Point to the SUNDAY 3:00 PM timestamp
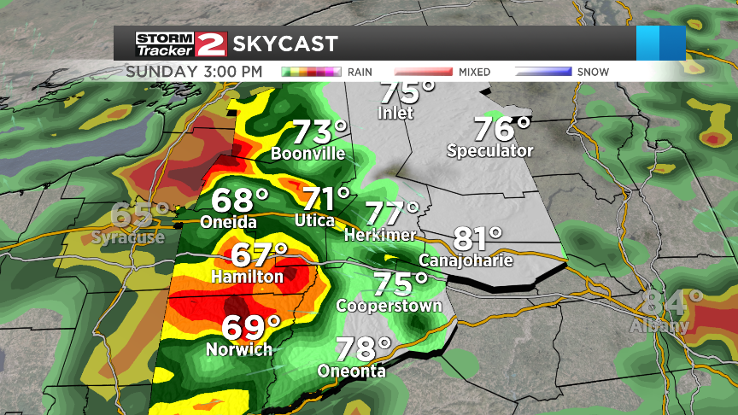coord(194,71)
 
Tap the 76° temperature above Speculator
coord(502,130)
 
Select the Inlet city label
coord(396,113)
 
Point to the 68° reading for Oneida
coord(240,201)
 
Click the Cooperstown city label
coord(389,306)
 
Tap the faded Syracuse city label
coord(128,237)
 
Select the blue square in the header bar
coord(661,44)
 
